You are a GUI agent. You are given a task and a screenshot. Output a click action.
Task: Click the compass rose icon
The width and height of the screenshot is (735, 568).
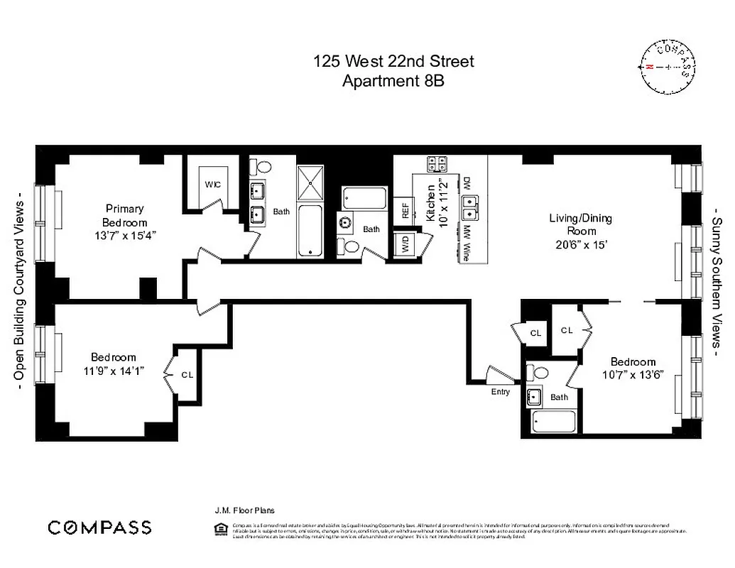tap(668, 67)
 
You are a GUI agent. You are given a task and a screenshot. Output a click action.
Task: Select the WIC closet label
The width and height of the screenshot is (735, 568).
tap(213, 185)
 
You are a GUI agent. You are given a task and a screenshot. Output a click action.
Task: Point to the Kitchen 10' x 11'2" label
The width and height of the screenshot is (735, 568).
tap(435, 201)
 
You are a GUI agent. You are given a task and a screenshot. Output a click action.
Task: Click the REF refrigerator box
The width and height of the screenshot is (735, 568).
tap(405, 211)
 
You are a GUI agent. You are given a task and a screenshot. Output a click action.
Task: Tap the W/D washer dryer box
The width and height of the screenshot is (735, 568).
tap(405, 245)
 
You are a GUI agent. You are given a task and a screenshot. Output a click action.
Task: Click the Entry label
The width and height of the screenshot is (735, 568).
tap(500, 391)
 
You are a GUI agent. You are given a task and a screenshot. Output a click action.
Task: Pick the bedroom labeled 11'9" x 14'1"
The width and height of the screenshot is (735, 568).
tap(114, 364)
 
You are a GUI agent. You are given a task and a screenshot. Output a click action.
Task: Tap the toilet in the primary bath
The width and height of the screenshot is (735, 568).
tap(263, 168)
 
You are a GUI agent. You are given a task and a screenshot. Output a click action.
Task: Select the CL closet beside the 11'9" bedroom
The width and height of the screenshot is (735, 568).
tap(187, 374)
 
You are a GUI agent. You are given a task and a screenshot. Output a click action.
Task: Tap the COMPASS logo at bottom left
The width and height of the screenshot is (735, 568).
tap(99, 527)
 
